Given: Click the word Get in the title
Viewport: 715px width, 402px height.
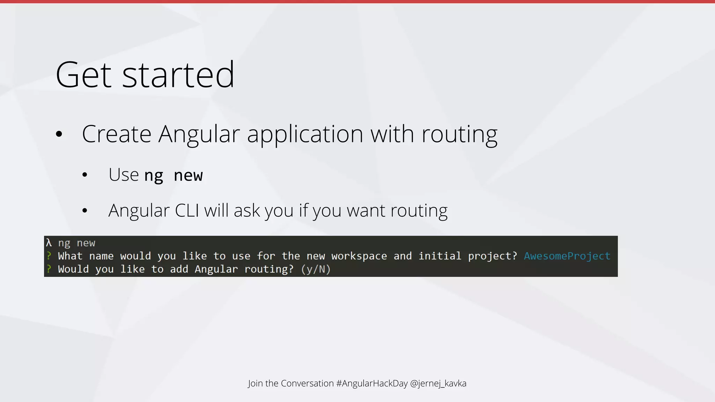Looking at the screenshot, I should [83, 75].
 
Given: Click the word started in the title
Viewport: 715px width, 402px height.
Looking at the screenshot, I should [178, 75].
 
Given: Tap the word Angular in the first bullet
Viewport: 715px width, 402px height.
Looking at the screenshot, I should [199, 134].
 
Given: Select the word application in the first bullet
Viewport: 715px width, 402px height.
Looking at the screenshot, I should [305, 135].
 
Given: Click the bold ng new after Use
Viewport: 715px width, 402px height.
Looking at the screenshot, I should [174, 175].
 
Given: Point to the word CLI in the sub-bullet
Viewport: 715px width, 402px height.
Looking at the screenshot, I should [187, 210].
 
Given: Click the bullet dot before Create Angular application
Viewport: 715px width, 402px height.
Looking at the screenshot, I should [59, 134].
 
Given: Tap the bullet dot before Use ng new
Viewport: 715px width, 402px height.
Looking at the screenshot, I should [85, 175].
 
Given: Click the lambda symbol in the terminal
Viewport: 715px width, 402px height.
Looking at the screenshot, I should [49, 243].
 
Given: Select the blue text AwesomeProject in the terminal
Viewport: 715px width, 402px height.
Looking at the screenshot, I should [567, 256].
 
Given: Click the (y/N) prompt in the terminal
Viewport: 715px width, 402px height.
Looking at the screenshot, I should [316, 269].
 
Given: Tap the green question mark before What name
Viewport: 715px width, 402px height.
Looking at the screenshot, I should [49, 256].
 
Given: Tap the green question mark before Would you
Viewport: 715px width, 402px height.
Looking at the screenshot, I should [49, 269].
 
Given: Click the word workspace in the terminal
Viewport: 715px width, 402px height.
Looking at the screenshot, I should [359, 256].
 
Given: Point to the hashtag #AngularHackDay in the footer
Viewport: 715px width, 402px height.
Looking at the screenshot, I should [372, 383].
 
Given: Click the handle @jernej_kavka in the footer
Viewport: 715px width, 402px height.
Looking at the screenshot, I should [438, 383].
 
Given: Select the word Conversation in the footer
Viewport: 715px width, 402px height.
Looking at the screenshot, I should [307, 383].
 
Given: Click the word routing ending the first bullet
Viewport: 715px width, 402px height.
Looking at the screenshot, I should [459, 135].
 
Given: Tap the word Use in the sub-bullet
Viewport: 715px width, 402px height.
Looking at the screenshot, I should [124, 175].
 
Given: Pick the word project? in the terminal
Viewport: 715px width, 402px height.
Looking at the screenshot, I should [492, 256].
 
